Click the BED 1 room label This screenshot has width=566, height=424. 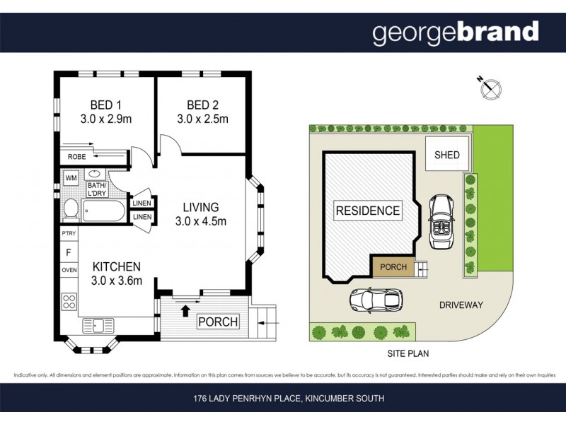(x=105, y=104)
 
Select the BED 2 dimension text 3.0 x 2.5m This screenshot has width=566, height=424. (x=202, y=119)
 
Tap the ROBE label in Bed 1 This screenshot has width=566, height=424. (x=76, y=157)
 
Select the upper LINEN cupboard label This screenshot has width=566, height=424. (x=142, y=204)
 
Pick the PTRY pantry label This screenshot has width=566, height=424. (x=69, y=233)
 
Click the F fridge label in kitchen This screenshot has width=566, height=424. (x=69, y=252)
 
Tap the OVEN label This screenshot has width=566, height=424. (x=69, y=270)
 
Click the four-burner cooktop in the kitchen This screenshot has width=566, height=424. (x=69, y=302)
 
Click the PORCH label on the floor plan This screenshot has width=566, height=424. (x=218, y=322)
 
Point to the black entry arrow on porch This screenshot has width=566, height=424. (x=186, y=309)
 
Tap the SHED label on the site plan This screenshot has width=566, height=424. (x=446, y=155)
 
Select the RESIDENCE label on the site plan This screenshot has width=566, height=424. (x=367, y=211)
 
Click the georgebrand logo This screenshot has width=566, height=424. (x=455, y=32)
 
